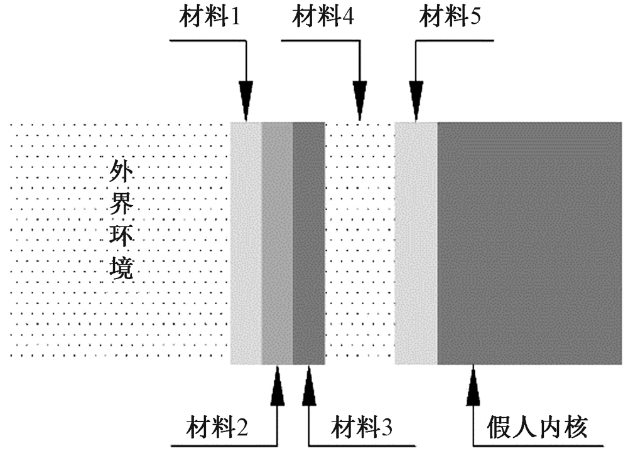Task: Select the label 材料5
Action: click(450, 18)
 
